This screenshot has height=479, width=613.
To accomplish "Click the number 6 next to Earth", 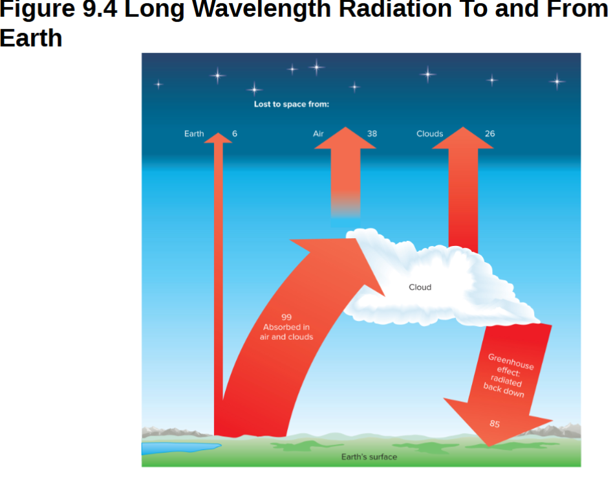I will click(235, 134).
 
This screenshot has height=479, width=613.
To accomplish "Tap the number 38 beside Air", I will click(372, 134).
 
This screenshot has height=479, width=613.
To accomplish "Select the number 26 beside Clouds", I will click(489, 134).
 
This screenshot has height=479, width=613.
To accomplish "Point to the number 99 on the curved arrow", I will click(286, 317).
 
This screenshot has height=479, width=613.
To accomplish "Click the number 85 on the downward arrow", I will click(495, 424).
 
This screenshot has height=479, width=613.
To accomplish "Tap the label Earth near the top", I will click(194, 134).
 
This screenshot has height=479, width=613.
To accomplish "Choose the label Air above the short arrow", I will click(318, 134).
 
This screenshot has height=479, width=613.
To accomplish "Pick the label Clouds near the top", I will click(430, 134).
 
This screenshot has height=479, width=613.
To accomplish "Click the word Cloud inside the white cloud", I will click(420, 287).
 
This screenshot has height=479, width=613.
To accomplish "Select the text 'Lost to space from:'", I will click(292, 104).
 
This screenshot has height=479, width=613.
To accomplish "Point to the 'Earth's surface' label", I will click(369, 457).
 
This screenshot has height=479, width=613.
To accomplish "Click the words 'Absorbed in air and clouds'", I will click(286, 332).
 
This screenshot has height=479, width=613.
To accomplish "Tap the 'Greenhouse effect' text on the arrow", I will click(511, 366).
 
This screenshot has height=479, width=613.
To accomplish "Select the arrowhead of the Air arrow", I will click(345, 138).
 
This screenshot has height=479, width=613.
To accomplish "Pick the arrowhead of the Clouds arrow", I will click(463, 138).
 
